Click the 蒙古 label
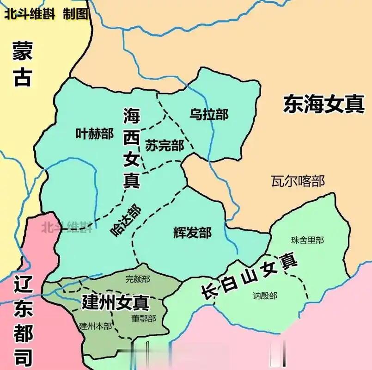click(22, 64)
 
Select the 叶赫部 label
click(94, 134)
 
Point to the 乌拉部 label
click(209, 114)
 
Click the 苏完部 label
click(165, 146)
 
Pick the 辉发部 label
click(192, 232)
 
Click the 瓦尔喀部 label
click(298, 181)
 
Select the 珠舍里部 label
click(307, 240)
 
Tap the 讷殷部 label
click(265, 296)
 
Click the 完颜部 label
click(138, 279)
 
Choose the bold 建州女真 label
click(115, 302)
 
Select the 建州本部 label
click(96, 326)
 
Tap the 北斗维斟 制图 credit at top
click(46, 13)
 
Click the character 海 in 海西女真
click(131, 116)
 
